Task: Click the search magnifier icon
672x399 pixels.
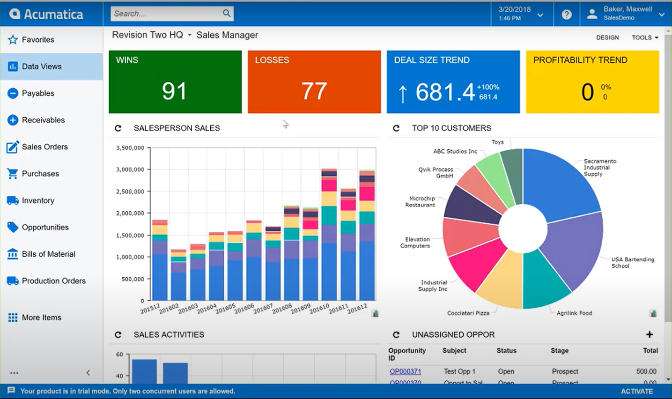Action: click(227, 13)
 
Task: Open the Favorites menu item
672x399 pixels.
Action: click(38, 40)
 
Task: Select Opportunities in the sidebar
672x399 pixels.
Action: click(45, 227)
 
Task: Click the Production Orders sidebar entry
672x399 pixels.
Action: click(53, 281)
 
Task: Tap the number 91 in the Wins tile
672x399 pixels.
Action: click(174, 91)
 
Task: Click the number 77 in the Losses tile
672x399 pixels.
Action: click(314, 91)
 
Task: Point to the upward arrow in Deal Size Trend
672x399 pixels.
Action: click(402, 93)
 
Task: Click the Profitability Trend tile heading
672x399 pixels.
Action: click(580, 60)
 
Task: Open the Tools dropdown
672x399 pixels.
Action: click(644, 37)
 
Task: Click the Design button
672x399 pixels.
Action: click(607, 37)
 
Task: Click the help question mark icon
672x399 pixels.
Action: click(567, 15)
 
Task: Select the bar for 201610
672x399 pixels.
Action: click(329, 234)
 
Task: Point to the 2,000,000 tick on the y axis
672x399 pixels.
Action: click(130, 213)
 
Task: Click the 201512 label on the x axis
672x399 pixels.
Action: click(150, 309)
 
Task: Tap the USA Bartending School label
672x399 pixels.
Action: click(632, 262)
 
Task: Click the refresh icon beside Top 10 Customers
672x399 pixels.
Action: click(396, 128)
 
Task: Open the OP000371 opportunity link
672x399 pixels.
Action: click(405, 371)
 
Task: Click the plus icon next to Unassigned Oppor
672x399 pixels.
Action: click(650, 334)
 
